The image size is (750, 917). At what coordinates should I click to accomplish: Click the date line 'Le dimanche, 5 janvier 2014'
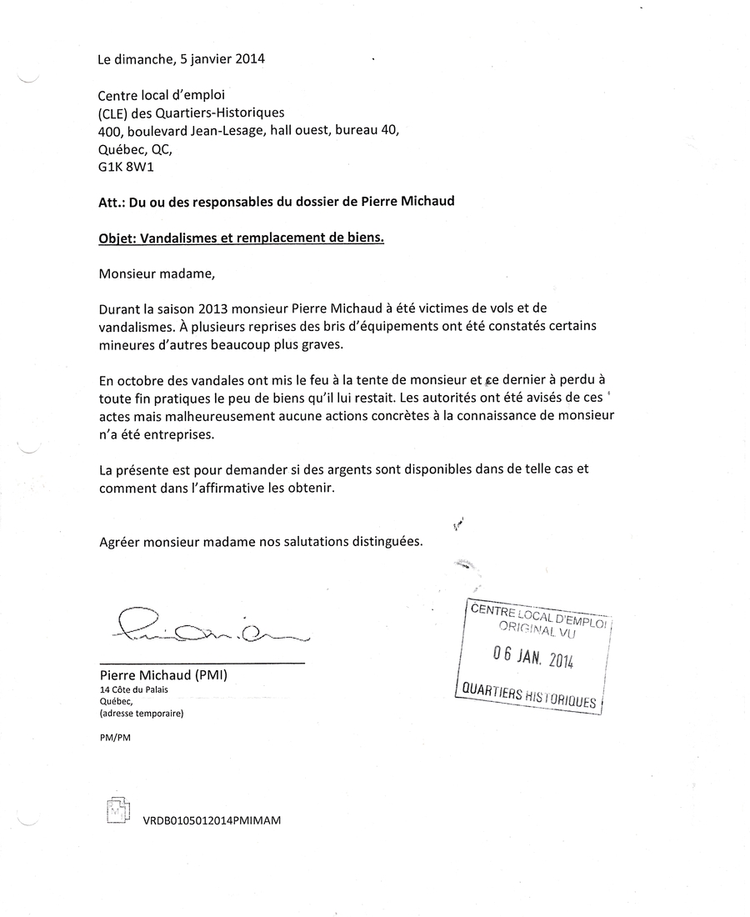click(182, 59)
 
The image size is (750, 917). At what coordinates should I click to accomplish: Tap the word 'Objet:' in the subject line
click(117, 238)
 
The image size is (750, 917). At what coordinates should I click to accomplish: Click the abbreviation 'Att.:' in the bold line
click(112, 201)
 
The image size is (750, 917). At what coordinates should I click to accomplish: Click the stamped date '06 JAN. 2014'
click(532, 658)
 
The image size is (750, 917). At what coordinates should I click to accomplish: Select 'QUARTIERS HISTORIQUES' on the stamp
click(528, 695)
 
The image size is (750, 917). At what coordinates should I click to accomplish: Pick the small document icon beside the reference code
click(118, 811)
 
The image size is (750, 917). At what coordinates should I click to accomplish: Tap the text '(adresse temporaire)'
click(141, 714)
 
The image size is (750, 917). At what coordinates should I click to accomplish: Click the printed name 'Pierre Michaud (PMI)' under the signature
click(162, 675)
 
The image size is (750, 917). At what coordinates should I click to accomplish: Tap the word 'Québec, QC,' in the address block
click(135, 149)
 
